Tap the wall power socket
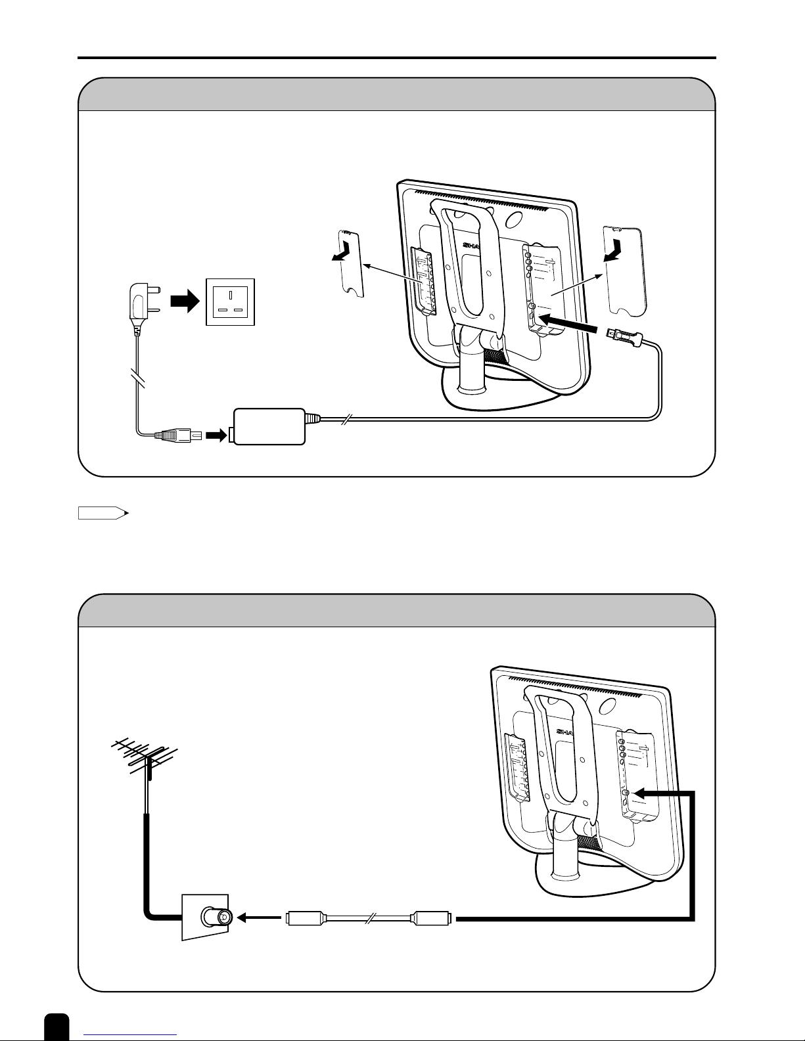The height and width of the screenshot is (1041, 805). pos(230,303)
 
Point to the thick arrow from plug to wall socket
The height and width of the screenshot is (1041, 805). pos(185,303)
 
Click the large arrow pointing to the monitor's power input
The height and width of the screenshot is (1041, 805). pos(569,322)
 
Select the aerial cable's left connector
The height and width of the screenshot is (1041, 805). pos(304,917)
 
